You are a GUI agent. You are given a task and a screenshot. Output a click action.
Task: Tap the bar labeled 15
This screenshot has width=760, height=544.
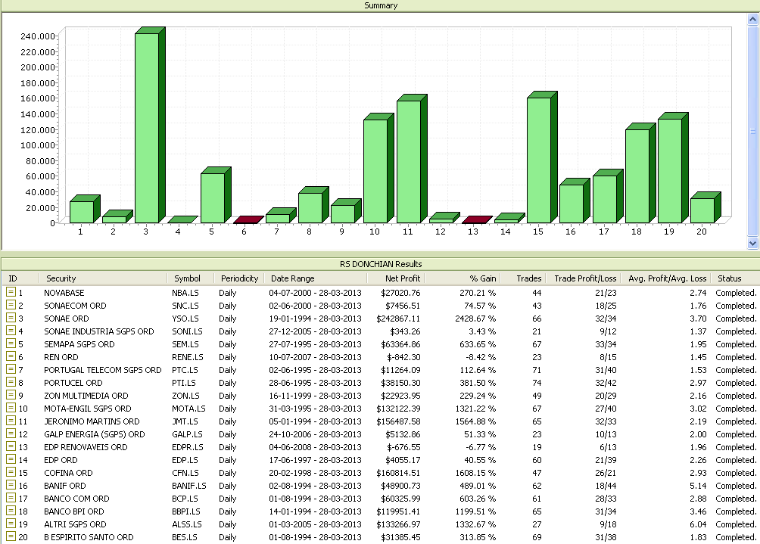pos(539,160)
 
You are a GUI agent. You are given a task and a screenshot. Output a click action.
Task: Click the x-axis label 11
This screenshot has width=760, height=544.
pos(408,232)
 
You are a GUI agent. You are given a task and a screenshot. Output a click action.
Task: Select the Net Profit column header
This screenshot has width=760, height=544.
pos(404,278)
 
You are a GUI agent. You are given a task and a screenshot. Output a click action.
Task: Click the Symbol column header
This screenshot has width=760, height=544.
pos(187,278)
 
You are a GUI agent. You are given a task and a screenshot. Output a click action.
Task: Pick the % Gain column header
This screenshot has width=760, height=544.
pos(482,278)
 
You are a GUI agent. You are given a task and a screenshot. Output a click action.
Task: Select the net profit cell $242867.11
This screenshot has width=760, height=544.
pos(394,318)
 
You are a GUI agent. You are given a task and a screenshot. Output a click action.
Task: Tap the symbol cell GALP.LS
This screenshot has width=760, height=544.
pos(187,434)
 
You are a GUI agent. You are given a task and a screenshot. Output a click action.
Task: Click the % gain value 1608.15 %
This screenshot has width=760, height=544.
pos(475,473)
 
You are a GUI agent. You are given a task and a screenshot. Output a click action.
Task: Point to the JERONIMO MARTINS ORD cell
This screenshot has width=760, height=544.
pos(92,421)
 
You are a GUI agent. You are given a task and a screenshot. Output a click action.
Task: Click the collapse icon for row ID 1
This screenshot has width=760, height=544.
pos(11,292)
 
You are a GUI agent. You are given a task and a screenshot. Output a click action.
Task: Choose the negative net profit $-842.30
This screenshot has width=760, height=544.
pos(400,357)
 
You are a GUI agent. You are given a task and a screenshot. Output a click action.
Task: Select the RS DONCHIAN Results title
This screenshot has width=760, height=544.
pos(380,264)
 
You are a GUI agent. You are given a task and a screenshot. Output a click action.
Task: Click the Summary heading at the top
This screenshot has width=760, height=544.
pos(380,5)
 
